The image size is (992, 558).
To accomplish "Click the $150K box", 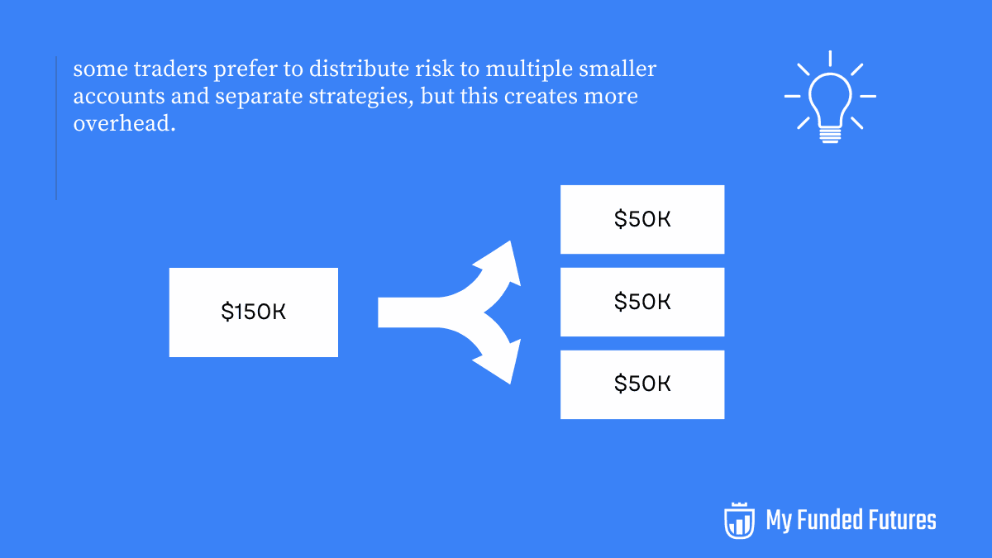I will point(253,312).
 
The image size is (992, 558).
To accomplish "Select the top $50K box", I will point(642,219).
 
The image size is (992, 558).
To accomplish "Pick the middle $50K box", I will point(642,302).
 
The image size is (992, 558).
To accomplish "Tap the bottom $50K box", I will point(642,384).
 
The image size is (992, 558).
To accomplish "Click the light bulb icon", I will point(830,98).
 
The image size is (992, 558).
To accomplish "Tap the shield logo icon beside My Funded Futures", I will point(739,520).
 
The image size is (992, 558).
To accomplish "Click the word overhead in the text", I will point(124,124).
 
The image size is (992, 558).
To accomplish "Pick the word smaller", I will point(621,69).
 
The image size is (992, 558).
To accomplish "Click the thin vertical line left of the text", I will point(56,128).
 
